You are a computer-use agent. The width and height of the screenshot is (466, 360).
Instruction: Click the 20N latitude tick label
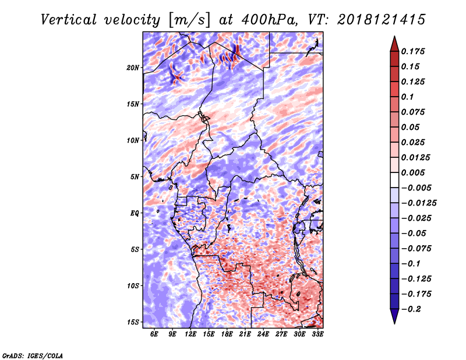coord(133,68)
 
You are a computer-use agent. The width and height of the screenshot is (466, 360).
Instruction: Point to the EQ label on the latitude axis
coord(135,213)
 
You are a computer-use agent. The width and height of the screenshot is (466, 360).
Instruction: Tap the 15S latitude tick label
coord(133,322)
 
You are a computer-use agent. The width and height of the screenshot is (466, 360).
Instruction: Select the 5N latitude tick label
coord(135,177)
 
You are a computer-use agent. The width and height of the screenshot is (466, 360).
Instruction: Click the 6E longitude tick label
coord(154,334)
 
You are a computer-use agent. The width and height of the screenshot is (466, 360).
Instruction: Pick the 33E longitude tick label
coord(317,334)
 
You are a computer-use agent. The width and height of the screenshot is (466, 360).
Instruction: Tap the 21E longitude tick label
coord(245,334)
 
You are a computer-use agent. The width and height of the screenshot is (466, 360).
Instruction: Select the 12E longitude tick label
coord(190,334)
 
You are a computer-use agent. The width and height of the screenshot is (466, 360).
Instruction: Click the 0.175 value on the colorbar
coord(413,51)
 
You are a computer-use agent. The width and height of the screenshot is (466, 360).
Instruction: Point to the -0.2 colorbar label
coord(411,309)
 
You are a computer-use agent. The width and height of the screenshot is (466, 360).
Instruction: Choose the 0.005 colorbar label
coord(413,172)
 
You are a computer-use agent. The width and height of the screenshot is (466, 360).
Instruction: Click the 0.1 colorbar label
coord(407,97)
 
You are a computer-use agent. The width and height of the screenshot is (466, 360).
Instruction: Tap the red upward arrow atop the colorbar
coord(394,44)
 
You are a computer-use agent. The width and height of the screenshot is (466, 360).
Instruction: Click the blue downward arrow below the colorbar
coord(394,316)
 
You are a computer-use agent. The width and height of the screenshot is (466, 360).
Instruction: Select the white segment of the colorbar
coord(394,180)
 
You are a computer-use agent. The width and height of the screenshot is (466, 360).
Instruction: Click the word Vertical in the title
coord(69,20)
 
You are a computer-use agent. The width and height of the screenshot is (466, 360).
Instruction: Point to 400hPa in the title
coord(269,20)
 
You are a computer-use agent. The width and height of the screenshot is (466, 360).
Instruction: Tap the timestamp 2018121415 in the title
coord(382,20)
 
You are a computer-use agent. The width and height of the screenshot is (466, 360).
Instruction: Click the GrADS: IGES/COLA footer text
coord(33,356)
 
